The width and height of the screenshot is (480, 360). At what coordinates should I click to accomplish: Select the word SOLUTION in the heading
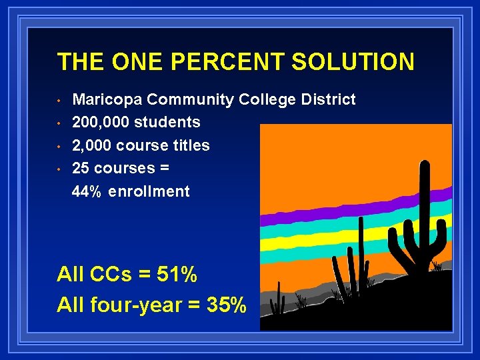coord(353,62)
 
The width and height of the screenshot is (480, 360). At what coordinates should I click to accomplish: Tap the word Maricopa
coord(106,100)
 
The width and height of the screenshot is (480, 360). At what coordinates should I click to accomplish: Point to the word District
coord(327,100)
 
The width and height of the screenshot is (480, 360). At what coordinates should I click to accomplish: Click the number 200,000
coord(101,123)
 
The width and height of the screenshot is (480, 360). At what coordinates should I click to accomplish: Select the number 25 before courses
coord(80,168)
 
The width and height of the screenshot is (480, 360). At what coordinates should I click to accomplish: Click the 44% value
coord(87,192)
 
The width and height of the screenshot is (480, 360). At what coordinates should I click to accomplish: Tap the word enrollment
coord(149,192)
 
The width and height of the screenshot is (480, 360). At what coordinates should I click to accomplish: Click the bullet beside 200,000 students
coord(59,123)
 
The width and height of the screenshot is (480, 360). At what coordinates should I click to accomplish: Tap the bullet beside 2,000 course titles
coord(59,146)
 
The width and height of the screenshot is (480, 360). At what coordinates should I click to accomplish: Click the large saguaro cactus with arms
coord(420,220)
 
